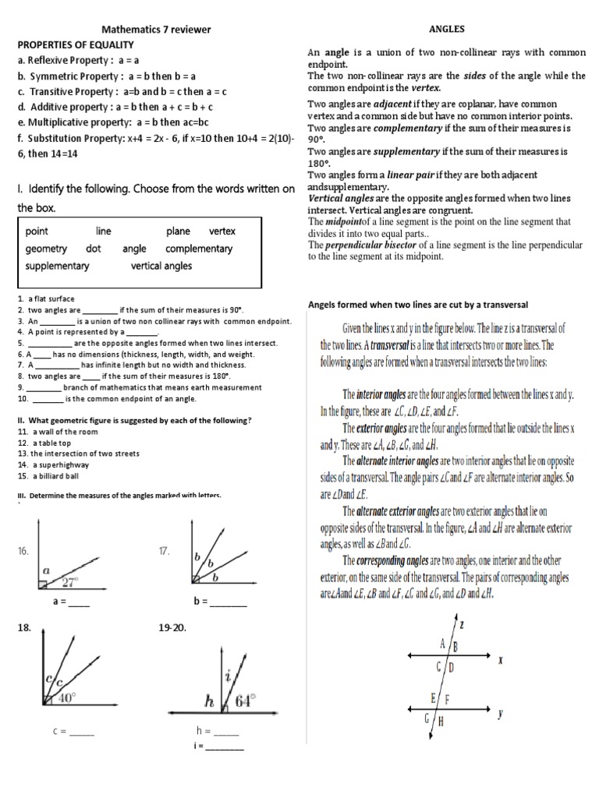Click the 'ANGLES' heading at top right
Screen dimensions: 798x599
click(x=447, y=29)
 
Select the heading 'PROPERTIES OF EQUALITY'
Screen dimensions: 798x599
click(x=76, y=44)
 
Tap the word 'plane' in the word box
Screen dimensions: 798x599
click(x=178, y=231)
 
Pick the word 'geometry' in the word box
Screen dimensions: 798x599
click(x=46, y=249)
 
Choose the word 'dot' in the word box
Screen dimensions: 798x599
click(x=94, y=249)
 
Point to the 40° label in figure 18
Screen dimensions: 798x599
click(x=66, y=699)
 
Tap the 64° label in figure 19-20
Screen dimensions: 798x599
click(x=245, y=701)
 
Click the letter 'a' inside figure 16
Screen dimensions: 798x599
click(x=46, y=570)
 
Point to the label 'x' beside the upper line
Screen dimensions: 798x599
click(x=499, y=658)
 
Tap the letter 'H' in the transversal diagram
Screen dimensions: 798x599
click(x=441, y=722)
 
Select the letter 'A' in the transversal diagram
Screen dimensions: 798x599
click(x=442, y=644)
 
